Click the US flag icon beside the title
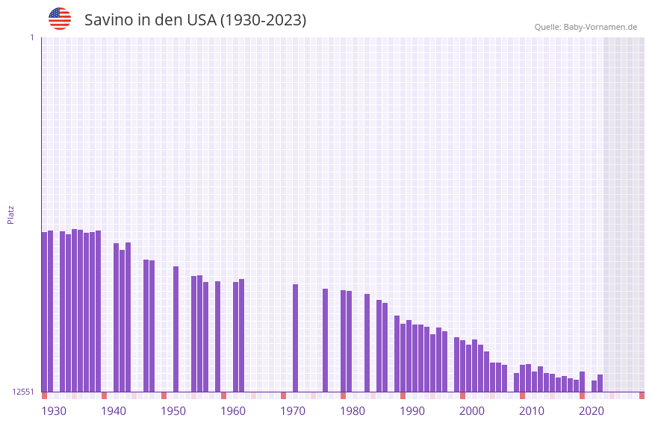tap(60, 19)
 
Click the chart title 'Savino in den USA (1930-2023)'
tap(195, 20)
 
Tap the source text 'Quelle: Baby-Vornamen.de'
tap(586, 27)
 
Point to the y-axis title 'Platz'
tap(10, 214)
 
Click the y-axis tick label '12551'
tap(23, 392)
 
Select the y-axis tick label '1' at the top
tap(31, 37)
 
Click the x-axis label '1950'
tap(173, 411)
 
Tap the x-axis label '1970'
tap(293, 411)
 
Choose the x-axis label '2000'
tap(472, 411)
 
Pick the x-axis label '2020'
tap(592, 411)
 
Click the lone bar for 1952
tap(176, 329)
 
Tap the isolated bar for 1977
tap(325, 340)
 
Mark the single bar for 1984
tap(367, 342)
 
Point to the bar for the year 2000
tap(462, 366)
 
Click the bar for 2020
tap(582, 381)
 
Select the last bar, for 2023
tap(600, 383)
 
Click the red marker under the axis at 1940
tap(104, 395)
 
